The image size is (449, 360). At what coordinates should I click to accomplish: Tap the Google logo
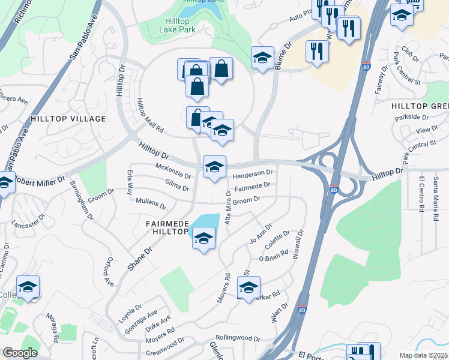[x=20, y=353]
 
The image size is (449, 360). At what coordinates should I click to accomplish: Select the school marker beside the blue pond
[x=204, y=239]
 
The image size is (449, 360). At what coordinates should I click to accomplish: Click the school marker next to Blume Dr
[x=262, y=58]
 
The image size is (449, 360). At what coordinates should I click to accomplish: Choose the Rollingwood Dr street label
[x=238, y=338]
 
